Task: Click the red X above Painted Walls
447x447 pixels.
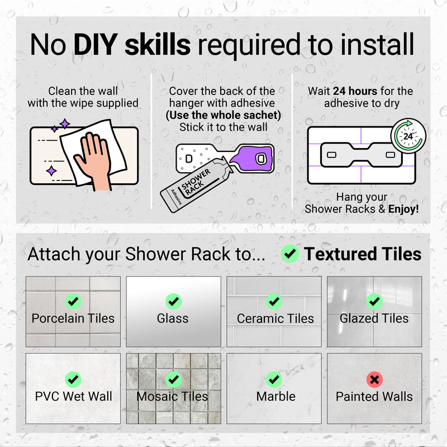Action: click(374, 379)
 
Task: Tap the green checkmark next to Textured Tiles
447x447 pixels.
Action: click(290, 254)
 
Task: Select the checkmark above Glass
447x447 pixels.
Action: click(173, 301)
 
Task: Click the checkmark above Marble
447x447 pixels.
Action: click(274, 379)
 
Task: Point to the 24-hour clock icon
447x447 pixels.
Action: click(408, 136)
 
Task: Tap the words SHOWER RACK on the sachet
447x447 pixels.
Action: click(195, 182)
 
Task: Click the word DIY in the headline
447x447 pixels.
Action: click(96, 45)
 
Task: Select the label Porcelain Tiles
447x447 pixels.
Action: click(73, 318)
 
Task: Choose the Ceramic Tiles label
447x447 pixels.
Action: click(275, 318)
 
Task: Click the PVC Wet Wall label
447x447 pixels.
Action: click(73, 396)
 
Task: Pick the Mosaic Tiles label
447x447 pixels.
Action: click(172, 396)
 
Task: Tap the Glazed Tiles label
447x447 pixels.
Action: click(374, 318)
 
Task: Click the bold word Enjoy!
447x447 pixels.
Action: click(403, 209)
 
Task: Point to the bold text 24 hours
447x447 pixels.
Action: click(355, 91)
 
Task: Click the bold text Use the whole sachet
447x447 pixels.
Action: click(223, 115)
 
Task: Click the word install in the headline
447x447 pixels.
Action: click(377, 45)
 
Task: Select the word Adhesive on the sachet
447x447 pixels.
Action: click(176, 197)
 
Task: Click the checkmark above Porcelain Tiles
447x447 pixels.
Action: click(73, 301)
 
